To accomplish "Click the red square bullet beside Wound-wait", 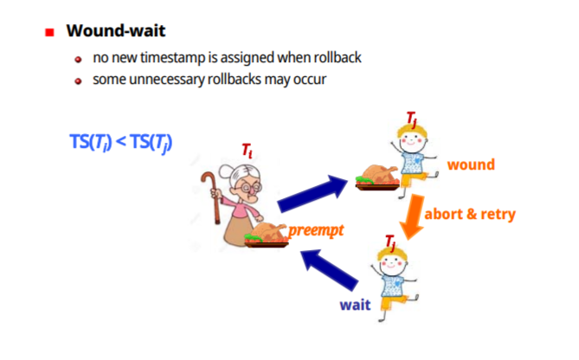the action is coord(49,33).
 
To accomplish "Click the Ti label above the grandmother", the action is coord(248,152).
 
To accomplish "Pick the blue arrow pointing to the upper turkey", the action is coord(312,193).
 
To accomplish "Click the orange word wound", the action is coord(471,164).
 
